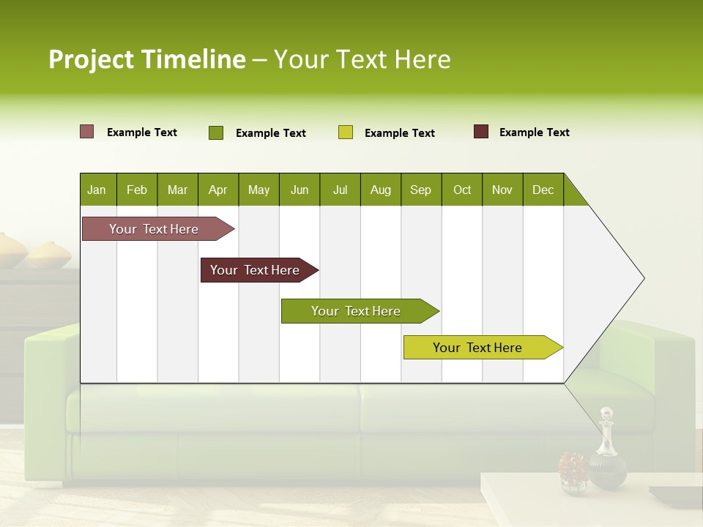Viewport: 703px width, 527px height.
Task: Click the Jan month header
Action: click(x=97, y=190)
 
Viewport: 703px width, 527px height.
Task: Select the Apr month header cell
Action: click(x=218, y=190)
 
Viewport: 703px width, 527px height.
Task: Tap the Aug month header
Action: click(x=381, y=190)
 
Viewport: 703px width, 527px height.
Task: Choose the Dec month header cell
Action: click(x=543, y=190)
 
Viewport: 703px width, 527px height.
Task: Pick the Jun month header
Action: click(x=300, y=190)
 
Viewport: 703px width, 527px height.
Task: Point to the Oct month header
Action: click(x=462, y=190)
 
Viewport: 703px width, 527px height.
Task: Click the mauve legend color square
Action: click(x=87, y=132)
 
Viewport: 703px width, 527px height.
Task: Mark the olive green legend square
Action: click(x=216, y=132)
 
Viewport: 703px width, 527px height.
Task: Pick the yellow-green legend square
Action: click(x=346, y=132)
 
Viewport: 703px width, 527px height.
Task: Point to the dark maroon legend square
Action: click(x=481, y=132)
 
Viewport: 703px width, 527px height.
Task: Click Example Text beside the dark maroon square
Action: click(x=534, y=132)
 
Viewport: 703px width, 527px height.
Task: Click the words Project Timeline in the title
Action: click(x=146, y=59)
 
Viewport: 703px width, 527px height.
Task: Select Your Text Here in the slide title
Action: click(x=362, y=59)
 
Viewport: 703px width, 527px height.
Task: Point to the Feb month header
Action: click(x=137, y=190)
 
